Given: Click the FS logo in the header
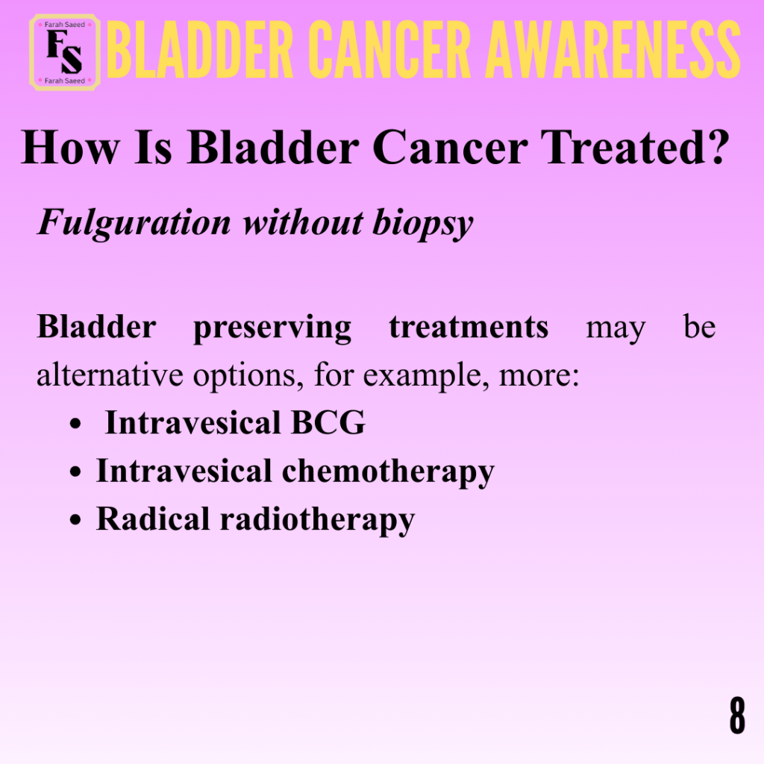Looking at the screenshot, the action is pos(65,53).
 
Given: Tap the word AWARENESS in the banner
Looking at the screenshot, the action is pos(613,50).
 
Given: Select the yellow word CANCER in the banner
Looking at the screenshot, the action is pos(389,50).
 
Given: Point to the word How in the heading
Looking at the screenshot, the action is pos(70,147).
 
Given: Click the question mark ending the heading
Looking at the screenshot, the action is pos(717,147).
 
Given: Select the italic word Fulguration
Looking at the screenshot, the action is pos(134,223).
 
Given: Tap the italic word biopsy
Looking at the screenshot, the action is pos(422,224).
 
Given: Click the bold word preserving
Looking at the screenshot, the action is pos(272,328).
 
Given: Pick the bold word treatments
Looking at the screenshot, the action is pos(469,327).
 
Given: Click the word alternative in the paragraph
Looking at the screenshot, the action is pos(110,375).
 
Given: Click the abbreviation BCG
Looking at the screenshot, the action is pos(328,422).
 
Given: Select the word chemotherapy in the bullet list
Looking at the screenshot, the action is pos(388,472).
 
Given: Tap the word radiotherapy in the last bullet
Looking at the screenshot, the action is pos(317,520).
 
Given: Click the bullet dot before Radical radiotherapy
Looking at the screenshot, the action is pos(75,520).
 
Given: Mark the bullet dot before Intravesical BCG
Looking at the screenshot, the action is pos(75,423).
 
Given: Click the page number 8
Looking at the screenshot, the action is pos(737,716).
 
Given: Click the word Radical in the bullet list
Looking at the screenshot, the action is pos(153,519).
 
